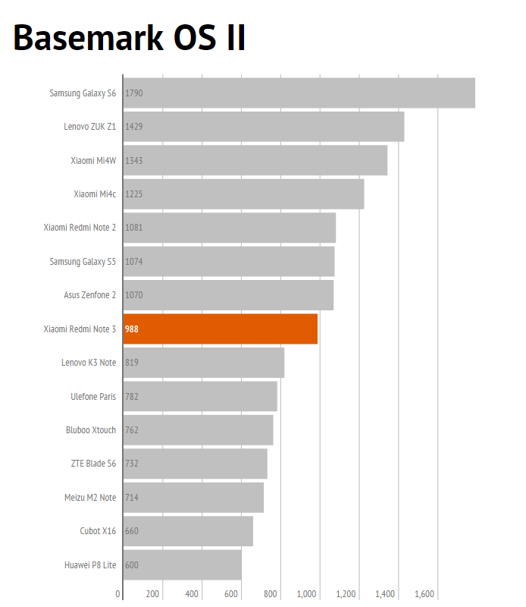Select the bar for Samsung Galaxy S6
299,93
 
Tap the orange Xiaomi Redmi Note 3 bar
220,329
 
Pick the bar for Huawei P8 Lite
182,565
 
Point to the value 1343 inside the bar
134,160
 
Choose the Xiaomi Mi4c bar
243,193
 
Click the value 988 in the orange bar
132,329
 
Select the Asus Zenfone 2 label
89,295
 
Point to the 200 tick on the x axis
152,594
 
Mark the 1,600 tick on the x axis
424,594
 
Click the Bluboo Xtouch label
91,430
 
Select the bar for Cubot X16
188,531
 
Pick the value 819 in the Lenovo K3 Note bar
132,363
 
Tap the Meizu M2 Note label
90,498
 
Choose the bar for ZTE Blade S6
195,464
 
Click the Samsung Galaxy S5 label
83,262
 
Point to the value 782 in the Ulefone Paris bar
132,396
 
